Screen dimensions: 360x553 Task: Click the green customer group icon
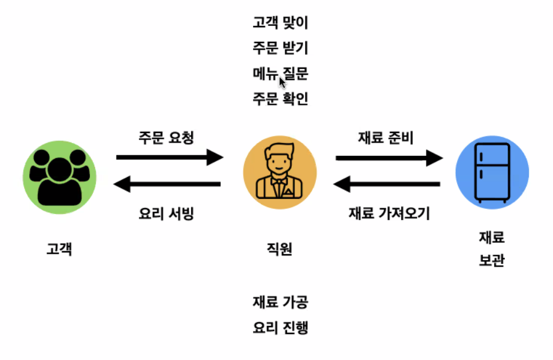[59, 175]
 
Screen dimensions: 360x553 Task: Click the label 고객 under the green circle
[59, 249]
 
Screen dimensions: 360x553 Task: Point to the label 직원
[279, 249]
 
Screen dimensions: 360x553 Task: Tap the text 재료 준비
[386, 137]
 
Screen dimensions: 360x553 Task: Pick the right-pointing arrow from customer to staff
[169, 157]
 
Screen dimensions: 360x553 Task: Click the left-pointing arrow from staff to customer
[167, 185]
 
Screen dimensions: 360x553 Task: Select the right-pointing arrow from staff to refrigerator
[389, 158]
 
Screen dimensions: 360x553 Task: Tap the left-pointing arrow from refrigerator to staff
[387, 185]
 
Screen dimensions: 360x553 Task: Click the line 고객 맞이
[281, 24]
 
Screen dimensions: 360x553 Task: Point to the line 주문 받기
[281, 49]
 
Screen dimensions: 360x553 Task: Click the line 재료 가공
[281, 302]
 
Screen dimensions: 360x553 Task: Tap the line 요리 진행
[281, 328]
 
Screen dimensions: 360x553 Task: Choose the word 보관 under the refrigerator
[492, 261]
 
